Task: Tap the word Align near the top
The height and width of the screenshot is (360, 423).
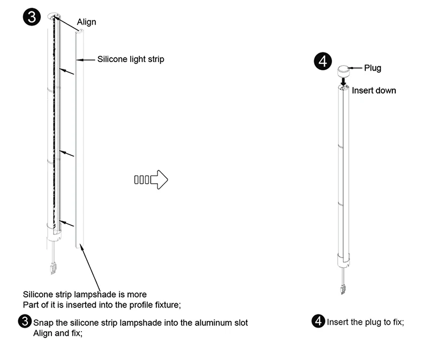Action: point(87,22)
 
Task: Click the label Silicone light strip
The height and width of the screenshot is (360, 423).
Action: point(130,59)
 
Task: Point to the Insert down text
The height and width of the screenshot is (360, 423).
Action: point(374,91)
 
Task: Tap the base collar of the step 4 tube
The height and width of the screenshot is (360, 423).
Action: point(343,260)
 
